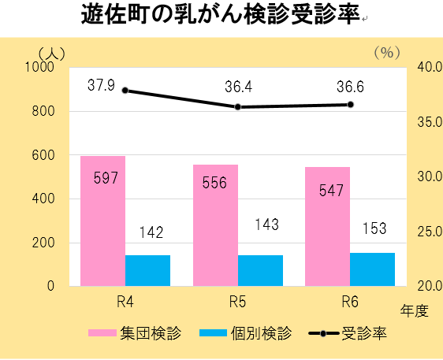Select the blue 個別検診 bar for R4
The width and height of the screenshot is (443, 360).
tap(147, 270)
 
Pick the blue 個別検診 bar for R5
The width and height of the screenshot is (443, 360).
tap(260, 270)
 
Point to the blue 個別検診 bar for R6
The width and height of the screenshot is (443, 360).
tap(372, 269)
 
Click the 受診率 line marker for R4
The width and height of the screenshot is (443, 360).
tap(125, 91)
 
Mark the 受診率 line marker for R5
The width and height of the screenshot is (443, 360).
tap(237, 107)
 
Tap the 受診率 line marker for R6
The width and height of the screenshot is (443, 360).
tap(350, 105)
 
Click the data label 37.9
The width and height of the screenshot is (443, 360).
tap(101, 85)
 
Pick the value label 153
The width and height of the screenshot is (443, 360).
tap(373, 229)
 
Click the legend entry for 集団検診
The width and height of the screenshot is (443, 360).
tap(135, 333)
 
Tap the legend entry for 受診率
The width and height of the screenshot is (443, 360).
tap(347, 333)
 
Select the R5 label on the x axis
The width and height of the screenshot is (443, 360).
tap(237, 301)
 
